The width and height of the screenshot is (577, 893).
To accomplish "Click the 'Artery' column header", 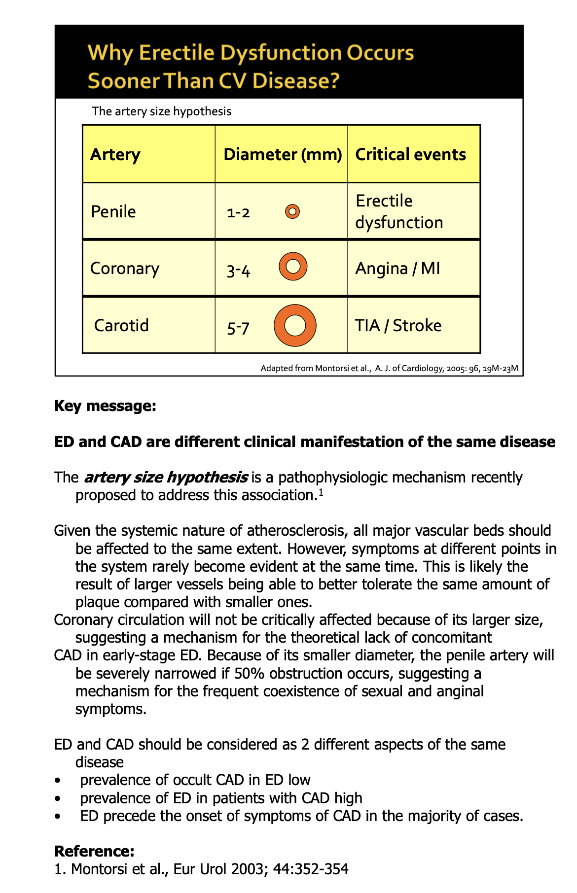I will point(115,155).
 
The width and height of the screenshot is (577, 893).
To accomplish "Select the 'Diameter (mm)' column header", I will point(283,155).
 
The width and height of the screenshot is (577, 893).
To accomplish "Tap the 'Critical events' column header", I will point(410,155).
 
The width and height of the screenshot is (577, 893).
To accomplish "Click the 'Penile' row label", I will point(113,212).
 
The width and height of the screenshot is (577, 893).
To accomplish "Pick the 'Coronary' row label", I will point(125,269).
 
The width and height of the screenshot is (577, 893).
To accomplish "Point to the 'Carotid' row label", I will point(121,326).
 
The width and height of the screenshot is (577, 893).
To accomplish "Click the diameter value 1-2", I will point(239,213).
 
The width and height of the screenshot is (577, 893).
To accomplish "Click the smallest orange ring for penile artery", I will point(292,212).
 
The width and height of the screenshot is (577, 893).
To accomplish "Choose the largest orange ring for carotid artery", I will point(295,325).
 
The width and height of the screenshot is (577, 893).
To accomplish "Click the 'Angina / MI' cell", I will point(397,269).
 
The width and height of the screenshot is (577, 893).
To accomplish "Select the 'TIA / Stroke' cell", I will point(398,326).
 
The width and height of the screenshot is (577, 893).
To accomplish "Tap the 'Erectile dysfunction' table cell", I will point(399,212).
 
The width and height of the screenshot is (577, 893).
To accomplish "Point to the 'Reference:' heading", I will point(94,852).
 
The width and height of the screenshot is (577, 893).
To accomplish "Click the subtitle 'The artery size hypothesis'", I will point(162,111).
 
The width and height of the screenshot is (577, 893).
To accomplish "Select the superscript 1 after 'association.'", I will point(321,491).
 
